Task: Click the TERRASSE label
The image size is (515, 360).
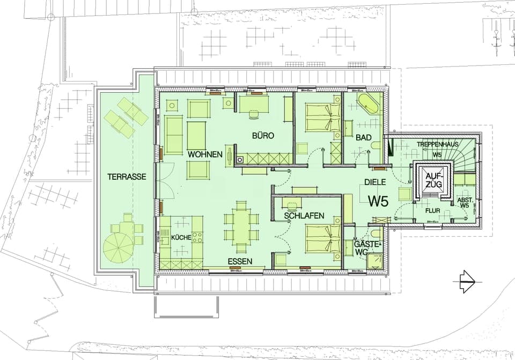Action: click(127, 177)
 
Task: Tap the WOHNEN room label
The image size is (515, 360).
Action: click(205, 155)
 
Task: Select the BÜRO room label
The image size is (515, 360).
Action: click(263, 136)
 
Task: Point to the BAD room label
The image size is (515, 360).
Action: click(364, 138)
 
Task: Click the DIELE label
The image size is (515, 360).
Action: click(376, 182)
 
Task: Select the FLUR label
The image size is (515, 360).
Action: click(432, 211)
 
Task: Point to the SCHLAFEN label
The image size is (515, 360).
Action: click(304, 216)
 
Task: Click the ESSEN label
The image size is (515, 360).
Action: click(240, 261)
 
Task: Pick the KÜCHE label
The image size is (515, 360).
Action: click(181, 238)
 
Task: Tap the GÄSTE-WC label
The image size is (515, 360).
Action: click(367, 247)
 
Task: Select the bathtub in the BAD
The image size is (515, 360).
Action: click(368, 105)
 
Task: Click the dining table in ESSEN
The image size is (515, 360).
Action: click(240, 225)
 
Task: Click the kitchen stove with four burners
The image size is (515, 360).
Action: click(197, 237)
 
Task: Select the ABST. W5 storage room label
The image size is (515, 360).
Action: click(464, 202)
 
